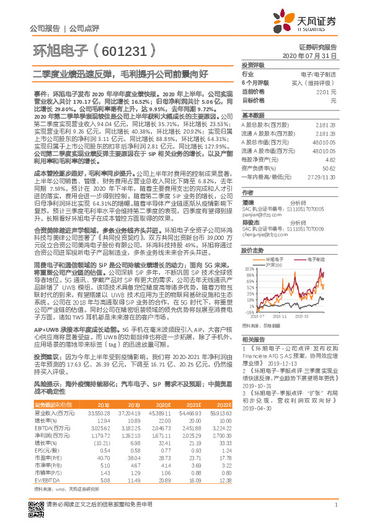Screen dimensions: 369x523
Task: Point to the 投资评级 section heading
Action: (x=252, y=65)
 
